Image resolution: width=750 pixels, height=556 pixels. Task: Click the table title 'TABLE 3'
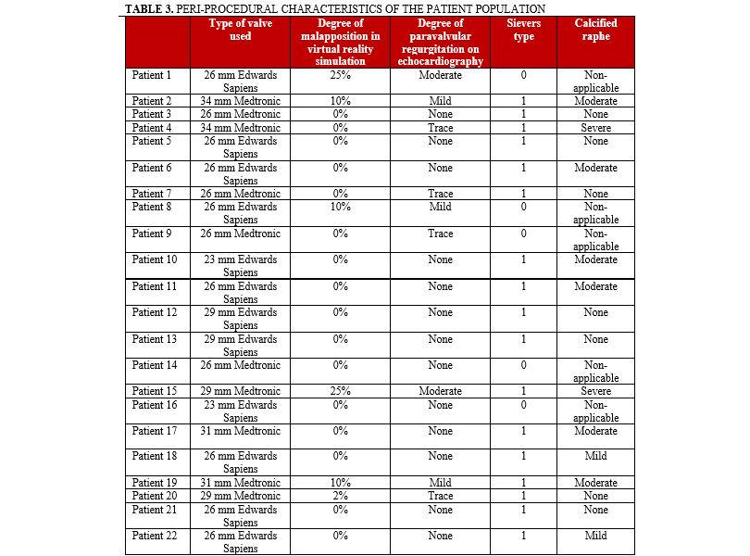[150, 8]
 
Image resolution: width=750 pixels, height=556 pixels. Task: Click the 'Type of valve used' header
[240, 30]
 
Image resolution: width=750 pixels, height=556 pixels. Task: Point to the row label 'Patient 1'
[152, 75]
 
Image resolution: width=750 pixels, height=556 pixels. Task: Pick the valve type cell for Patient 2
[240, 100]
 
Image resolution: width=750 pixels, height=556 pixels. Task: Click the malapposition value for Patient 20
[339, 496]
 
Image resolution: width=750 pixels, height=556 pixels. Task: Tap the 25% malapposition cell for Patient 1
[339, 75]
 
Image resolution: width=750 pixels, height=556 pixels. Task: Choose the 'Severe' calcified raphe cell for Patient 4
[595, 128]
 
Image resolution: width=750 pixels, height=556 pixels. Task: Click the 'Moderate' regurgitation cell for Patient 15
[440, 391]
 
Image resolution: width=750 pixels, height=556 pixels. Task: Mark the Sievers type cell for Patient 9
[523, 234]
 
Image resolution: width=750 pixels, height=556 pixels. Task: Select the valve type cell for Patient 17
[240, 431]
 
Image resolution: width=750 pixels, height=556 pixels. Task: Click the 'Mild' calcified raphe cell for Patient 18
[595, 456]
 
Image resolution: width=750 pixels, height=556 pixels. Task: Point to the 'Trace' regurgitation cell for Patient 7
[440, 194]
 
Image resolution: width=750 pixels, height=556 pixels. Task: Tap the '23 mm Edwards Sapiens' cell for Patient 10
[240, 266]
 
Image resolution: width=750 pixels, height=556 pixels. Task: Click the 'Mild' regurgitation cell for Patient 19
[440, 483]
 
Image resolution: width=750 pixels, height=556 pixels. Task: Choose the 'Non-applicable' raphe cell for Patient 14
[595, 372]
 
